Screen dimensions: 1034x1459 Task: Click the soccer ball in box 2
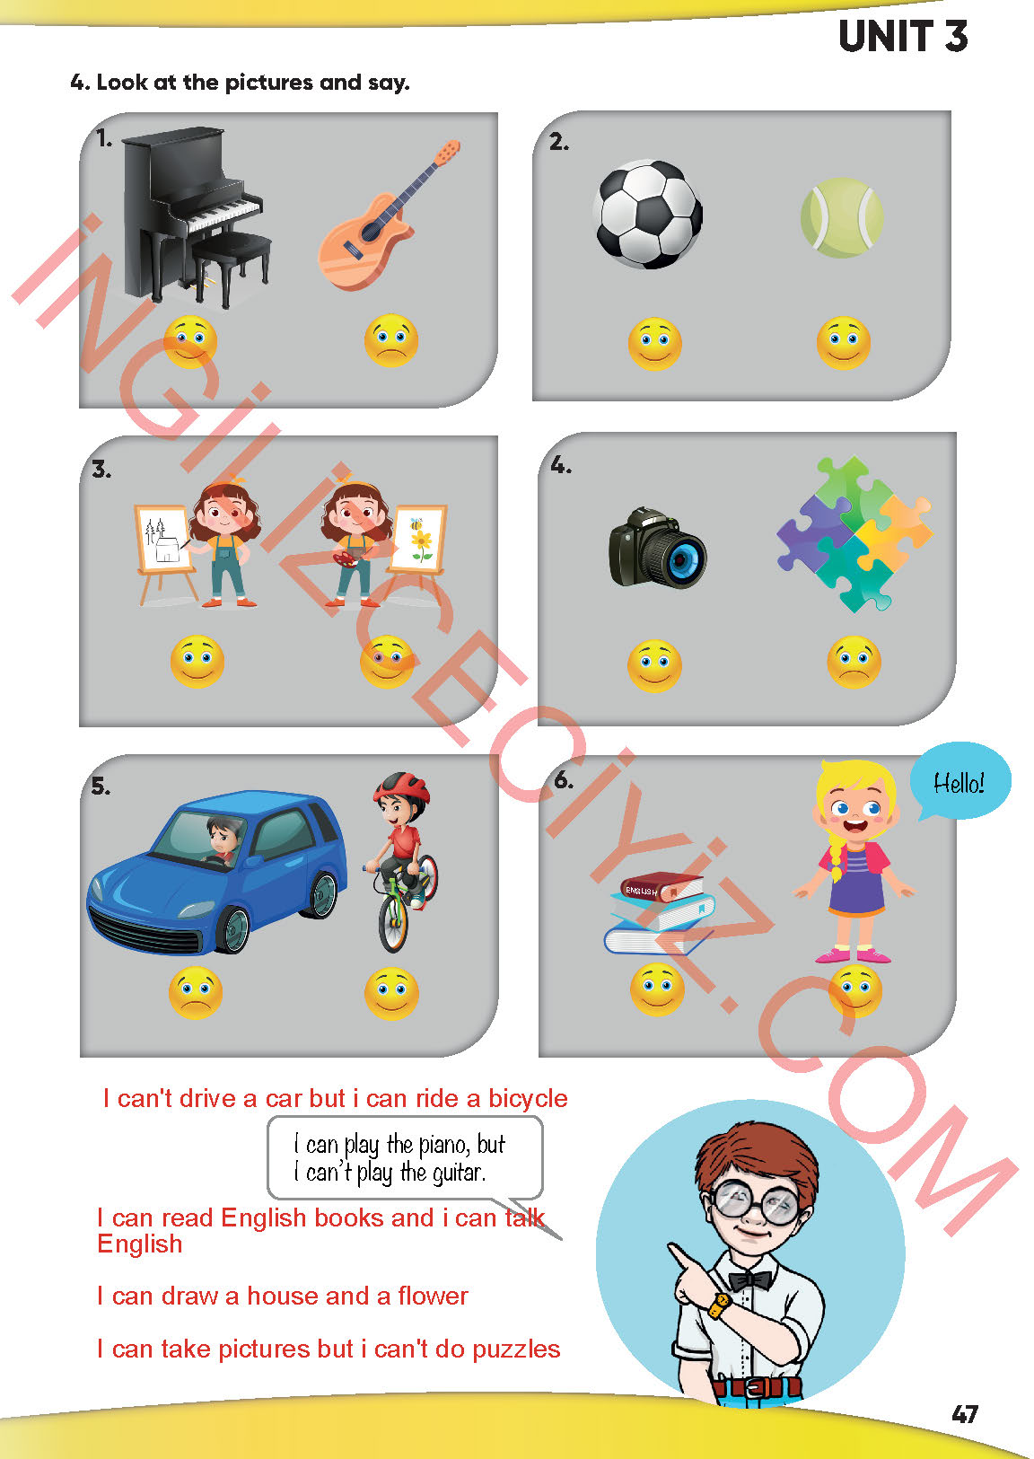(x=649, y=215)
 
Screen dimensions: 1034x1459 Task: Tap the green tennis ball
(x=842, y=217)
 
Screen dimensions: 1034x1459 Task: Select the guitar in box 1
(x=389, y=215)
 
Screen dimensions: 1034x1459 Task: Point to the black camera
(x=658, y=548)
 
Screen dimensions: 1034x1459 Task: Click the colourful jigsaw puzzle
(x=854, y=533)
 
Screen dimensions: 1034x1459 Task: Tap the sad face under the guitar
(x=390, y=340)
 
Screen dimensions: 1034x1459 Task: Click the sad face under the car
(x=196, y=993)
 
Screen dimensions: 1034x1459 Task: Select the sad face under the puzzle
(x=854, y=662)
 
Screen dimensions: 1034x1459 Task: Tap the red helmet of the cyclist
(x=402, y=787)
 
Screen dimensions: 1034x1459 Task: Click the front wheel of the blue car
(x=232, y=928)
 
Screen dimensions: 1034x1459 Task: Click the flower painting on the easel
(x=419, y=537)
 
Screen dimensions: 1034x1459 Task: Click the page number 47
(x=964, y=1414)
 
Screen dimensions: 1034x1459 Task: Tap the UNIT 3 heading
(x=902, y=36)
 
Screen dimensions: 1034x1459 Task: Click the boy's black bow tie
(x=750, y=1280)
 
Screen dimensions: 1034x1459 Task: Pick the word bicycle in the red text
(x=528, y=1099)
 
